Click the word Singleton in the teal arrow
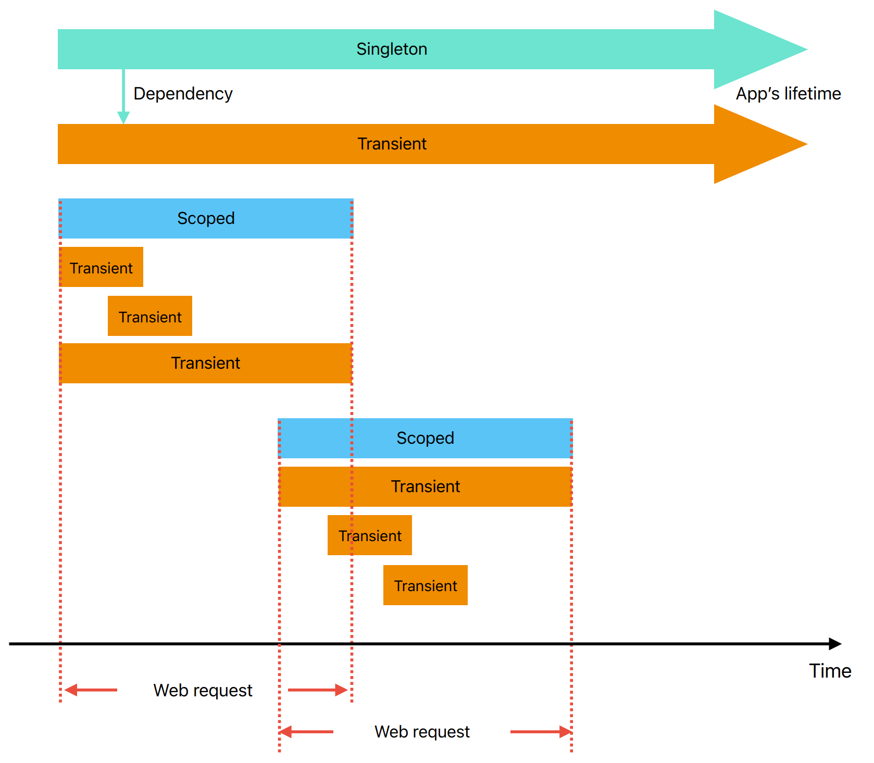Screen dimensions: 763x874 [392, 49]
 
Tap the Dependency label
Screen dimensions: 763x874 [183, 94]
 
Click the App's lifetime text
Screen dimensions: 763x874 [788, 94]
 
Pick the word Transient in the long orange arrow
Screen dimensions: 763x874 [392, 144]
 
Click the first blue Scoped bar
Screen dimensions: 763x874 [206, 218]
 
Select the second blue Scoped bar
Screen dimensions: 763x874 [425, 438]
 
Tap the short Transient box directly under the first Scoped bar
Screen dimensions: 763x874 [101, 268]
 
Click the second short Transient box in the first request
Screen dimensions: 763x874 [150, 317]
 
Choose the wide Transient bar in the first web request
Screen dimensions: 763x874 [206, 363]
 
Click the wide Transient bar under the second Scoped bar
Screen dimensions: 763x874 [425, 486]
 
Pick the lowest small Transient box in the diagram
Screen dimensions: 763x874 [425, 585]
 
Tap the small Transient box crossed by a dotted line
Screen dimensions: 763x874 [370, 535]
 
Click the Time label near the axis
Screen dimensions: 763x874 [830, 671]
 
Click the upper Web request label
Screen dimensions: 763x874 [203, 691]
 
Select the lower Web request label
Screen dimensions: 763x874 [422, 732]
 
